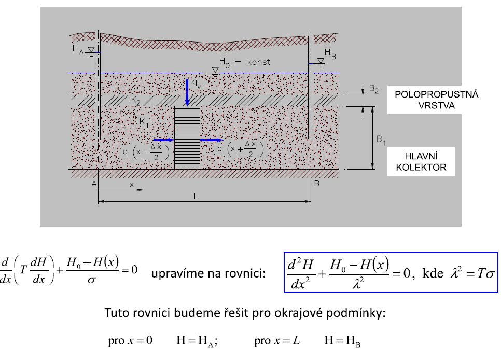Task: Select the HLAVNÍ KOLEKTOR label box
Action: pos(421,162)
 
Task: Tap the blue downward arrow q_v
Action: pos(187,92)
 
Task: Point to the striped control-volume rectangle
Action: pos(187,138)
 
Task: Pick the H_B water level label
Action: pos(330,54)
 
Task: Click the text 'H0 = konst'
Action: pos(244,63)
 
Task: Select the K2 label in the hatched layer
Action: pos(135,101)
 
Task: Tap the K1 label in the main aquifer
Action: pos(144,122)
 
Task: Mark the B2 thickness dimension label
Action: pos(374,89)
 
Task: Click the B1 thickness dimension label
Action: pos(381,140)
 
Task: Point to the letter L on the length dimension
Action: pos(196,196)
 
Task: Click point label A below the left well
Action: pos(94,184)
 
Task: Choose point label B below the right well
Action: pos(317,183)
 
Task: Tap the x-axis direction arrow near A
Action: pos(120,190)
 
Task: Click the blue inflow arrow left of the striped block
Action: pos(163,140)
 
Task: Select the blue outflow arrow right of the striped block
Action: pos(212,140)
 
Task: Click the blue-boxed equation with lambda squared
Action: pos(391,272)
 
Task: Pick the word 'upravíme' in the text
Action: pos(177,274)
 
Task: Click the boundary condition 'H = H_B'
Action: pos(342,341)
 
